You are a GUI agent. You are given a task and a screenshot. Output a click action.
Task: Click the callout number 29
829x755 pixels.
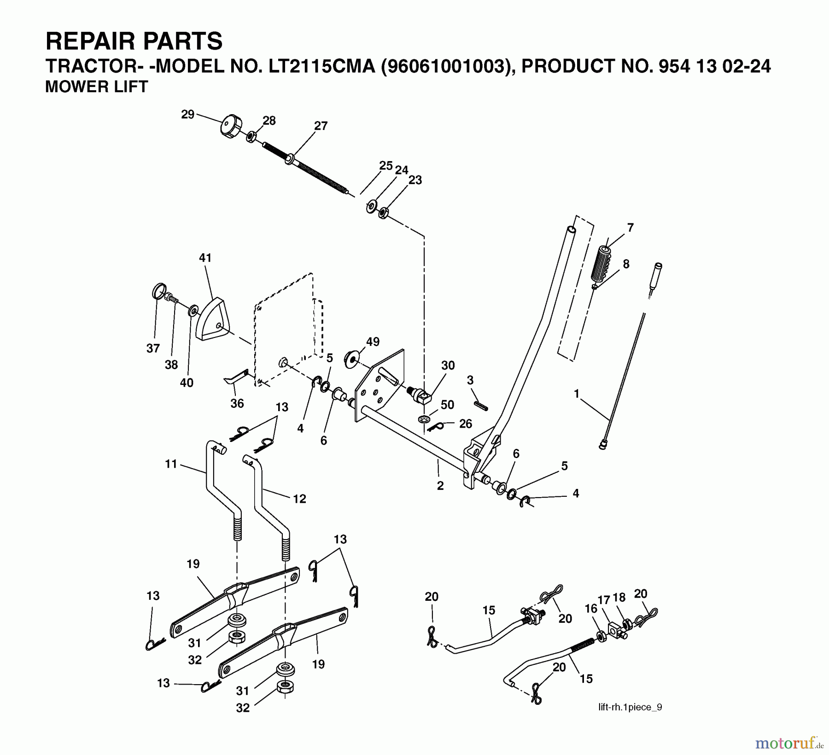tap(187, 114)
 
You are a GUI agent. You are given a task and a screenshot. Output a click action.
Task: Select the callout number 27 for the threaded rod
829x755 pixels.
tap(321, 126)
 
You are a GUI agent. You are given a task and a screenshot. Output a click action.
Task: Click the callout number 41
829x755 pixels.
tap(205, 258)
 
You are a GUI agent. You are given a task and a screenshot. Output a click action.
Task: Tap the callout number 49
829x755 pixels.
tap(373, 342)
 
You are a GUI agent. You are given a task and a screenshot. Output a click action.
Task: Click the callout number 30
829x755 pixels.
tap(448, 366)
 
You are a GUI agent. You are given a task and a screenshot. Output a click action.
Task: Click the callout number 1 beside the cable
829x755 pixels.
tap(576, 394)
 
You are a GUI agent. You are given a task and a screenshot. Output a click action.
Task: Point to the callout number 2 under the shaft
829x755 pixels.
tap(440, 486)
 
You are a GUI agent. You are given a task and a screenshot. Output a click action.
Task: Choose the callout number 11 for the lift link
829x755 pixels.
tap(171, 464)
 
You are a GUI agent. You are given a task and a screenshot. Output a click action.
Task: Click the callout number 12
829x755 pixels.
tap(299, 499)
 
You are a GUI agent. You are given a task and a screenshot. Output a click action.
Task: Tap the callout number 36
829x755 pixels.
tap(237, 403)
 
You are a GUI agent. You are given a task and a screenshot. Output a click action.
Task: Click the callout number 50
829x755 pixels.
tap(447, 405)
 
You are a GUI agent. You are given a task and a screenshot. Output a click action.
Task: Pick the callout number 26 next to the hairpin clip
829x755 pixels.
tap(466, 424)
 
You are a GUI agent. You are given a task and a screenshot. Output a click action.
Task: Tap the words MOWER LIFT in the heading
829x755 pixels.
tap(96, 87)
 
